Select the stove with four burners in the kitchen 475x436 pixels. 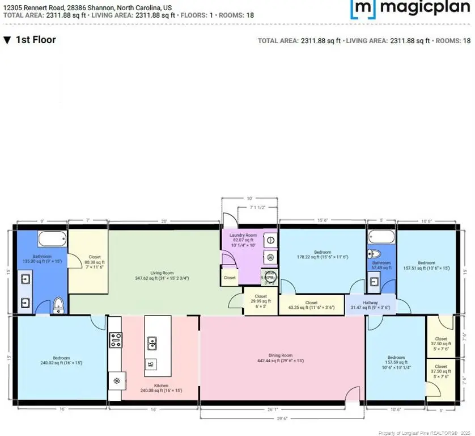pos(116,341)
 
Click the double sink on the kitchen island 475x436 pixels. pos(152,342)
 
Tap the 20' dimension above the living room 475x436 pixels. pos(164,221)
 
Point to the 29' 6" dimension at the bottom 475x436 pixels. pos(282,420)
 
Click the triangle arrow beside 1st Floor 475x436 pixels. pos(7,40)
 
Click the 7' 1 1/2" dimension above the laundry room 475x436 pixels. pos(257,208)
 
